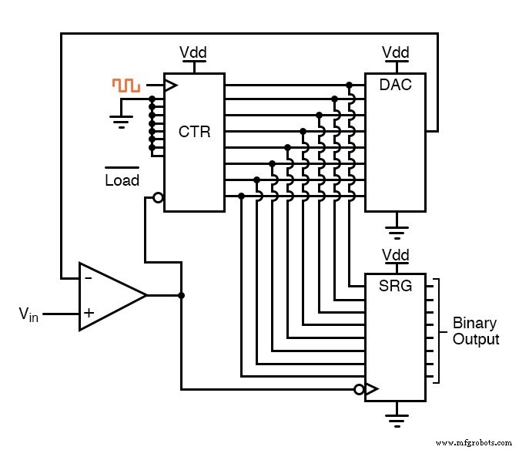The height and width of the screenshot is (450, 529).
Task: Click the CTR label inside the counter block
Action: click(194, 132)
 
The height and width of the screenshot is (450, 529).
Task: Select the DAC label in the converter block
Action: click(395, 85)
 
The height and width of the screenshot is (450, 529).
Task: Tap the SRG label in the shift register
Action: click(396, 287)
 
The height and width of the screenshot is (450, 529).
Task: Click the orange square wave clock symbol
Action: click(126, 86)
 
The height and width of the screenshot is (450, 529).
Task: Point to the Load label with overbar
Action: click(122, 180)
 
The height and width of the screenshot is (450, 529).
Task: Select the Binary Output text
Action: click(475, 331)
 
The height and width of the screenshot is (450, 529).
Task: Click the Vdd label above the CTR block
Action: click(193, 52)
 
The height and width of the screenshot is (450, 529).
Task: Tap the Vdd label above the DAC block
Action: click(396, 52)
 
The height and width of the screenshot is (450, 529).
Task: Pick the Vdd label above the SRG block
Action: click(396, 255)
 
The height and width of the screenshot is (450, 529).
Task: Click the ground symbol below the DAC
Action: click(396, 229)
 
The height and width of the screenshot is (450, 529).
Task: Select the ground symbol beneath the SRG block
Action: click(396, 420)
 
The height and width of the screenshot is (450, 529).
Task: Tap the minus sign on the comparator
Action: click(89, 277)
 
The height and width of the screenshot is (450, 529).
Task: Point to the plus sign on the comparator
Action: click(89, 314)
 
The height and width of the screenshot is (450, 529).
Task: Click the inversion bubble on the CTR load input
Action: click(158, 197)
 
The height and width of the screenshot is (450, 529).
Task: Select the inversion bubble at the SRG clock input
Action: click(359, 390)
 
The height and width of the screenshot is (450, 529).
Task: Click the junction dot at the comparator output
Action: click(181, 295)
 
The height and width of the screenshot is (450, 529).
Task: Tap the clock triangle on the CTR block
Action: click(170, 85)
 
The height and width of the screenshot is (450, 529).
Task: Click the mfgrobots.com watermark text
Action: click(473, 442)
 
